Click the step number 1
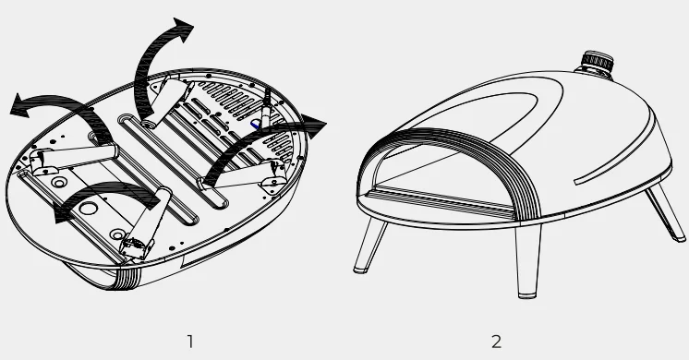click(x=190, y=342)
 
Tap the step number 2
click(x=496, y=342)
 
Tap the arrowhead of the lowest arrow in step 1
click(x=64, y=214)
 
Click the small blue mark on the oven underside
click(x=255, y=126)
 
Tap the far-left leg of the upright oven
click(x=370, y=246)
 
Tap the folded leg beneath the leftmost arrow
click(x=74, y=159)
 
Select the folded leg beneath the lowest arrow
click(x=145, y=224)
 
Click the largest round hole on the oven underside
click(x=89, y=209)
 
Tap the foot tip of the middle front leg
click(x=527, y=295)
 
